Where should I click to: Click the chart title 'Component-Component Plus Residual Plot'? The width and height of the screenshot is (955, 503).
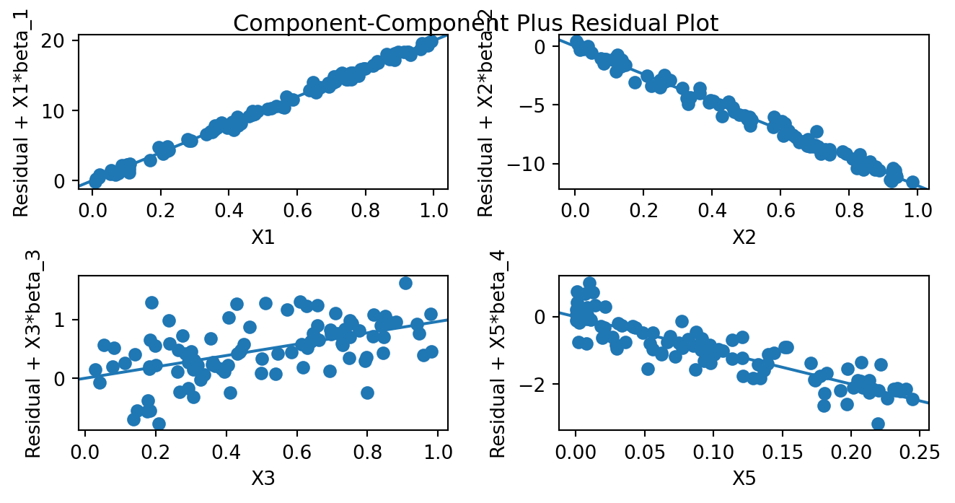coord(476,24)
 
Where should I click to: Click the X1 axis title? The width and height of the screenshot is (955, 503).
coord(263,237)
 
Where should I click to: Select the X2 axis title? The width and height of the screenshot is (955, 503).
coord(743,237)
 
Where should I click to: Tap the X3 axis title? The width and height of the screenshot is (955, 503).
coord(263,478)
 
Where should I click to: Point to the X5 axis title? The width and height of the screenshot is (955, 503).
coord(743,478)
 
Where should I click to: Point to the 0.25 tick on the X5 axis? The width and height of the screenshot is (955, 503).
coord(920,454)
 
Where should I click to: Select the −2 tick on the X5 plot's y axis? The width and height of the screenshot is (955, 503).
coord(535,384)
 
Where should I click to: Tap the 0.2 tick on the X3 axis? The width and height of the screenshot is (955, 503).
coord(156,454)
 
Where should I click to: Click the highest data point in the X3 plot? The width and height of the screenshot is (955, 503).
coord(405,283)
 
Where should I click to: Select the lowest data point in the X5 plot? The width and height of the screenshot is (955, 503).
coord(878,424)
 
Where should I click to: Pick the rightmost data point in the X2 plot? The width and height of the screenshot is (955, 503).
coord(912,182)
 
